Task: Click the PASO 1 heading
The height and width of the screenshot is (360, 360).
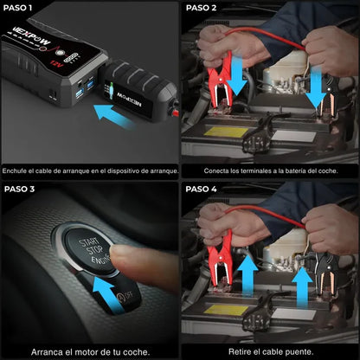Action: pos(19,8)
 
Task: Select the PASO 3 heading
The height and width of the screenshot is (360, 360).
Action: pos(20,189)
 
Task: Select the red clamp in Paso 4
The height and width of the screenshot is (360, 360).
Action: pos(218,260)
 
